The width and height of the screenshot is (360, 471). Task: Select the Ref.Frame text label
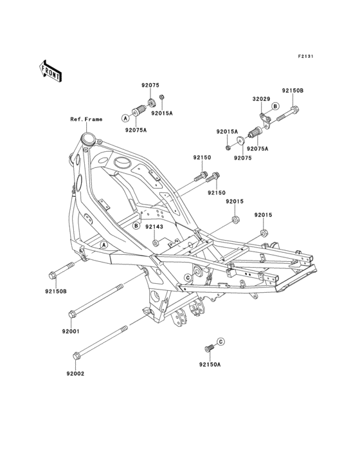point(86,119)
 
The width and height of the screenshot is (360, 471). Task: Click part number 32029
point(260,99)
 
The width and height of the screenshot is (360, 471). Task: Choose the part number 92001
point(71,331)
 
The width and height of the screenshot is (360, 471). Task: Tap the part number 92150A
point(210,364)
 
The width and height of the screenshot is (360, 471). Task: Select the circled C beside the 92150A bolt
point(220,341)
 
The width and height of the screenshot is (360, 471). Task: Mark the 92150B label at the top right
point(293,91)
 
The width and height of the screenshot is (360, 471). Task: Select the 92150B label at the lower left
point(56,291)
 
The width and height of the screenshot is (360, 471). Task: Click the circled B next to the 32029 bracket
point(275,106)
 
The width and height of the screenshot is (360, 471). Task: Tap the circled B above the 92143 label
point(136,226)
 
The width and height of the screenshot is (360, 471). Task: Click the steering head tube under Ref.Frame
point(87,138)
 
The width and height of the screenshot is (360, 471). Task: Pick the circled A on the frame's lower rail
point(104,245)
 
